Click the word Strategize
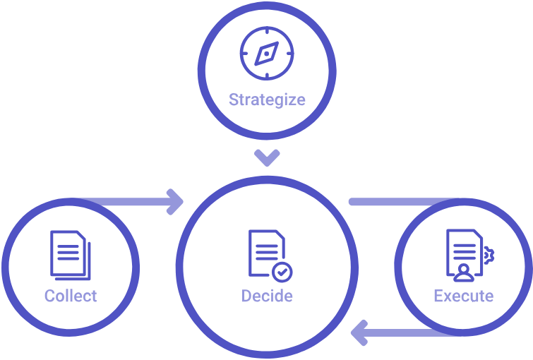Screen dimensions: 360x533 tap(267, 100)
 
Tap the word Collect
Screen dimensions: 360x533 tap(71, 296)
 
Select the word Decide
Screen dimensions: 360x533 tap(267, 296)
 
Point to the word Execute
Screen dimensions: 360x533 tap(464, 296)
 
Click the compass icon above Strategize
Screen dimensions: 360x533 tap(267, 53)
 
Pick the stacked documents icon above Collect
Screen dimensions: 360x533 tap(71, 255)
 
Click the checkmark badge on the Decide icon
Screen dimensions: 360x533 tap(282, 270)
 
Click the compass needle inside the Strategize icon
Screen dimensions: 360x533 tap(267, 53)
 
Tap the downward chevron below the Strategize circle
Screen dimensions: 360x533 tap(267, 157)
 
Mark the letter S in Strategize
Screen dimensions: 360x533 tap(234, 100)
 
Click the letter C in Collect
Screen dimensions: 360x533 tap(49, 296)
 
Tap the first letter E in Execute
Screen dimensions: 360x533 tap(438, 296)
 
